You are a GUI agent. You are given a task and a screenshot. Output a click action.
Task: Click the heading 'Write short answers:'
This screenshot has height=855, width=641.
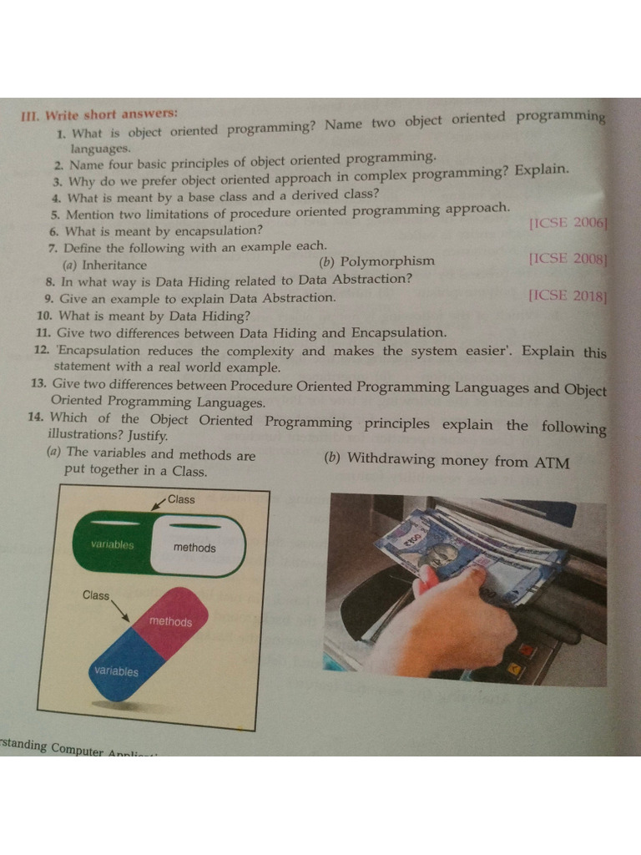(x=112, y=115)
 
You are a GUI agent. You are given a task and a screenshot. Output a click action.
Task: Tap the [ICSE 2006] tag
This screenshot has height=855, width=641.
(x=568, y=222)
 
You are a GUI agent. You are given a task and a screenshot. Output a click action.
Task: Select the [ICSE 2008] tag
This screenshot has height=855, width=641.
(x=568, y=259)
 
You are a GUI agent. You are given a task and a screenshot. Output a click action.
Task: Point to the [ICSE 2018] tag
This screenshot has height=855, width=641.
(x=568, y=296)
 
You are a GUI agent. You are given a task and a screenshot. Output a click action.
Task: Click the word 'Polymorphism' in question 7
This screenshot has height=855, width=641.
(x=387, y=261)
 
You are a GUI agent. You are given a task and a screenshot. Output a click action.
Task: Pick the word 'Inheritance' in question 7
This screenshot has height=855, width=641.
(x=114, y=265)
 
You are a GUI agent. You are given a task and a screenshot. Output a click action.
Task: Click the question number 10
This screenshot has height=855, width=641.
(x=44, y=315)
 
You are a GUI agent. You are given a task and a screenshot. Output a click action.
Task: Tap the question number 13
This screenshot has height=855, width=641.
(x=38, y=382)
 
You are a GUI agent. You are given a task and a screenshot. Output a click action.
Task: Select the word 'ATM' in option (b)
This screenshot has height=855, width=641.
(x=552, y=463)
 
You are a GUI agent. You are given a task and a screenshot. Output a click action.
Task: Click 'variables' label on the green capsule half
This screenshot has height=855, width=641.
(x=113, y=544)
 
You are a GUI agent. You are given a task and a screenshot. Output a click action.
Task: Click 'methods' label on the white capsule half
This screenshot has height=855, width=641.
(x=194, y=548)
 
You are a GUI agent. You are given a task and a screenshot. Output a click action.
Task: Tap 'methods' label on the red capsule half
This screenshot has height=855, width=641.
(x=170, y=621)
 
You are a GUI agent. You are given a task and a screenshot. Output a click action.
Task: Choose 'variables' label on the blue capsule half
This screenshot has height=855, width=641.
(x=116, y=670)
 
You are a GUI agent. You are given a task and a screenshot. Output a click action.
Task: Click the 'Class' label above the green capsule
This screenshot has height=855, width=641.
(x=181, y=499)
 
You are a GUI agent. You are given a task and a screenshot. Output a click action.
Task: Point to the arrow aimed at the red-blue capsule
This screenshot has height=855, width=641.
(x=120, y=611)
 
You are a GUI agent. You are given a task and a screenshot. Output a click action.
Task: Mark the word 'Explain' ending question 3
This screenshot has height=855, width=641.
(x=542, y=169)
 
